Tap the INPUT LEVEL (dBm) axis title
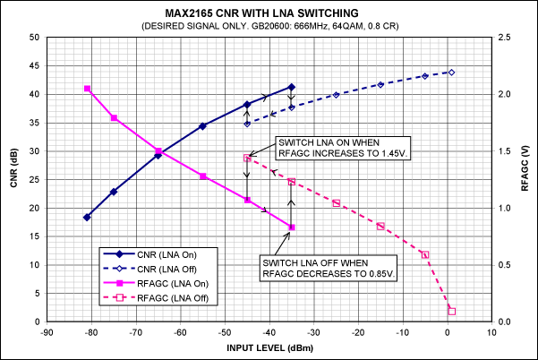(x=269, y=347)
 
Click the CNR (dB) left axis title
(x=11, y=179)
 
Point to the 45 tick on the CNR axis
(x=34, y=65)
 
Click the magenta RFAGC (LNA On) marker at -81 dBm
(x=87, y=89)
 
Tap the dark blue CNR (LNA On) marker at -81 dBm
(x=87, y=218)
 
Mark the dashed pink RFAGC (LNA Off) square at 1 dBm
(x=451, y=312)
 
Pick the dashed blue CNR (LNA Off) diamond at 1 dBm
(x=451, y=73)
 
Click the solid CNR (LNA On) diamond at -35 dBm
(x=291, y=87)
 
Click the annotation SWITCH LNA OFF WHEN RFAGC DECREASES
(x=329, y=266)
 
